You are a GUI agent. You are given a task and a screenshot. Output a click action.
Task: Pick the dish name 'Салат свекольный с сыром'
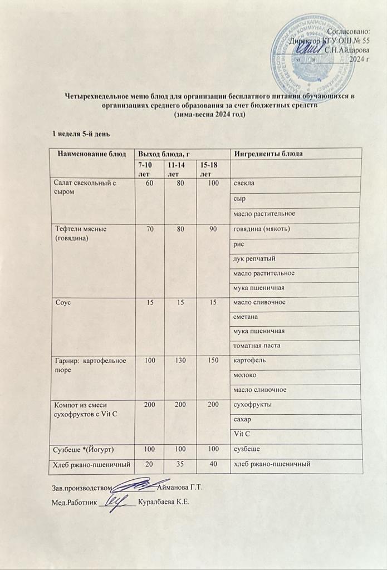(84, 186)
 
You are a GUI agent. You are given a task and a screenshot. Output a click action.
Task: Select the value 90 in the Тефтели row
(212, 229)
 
